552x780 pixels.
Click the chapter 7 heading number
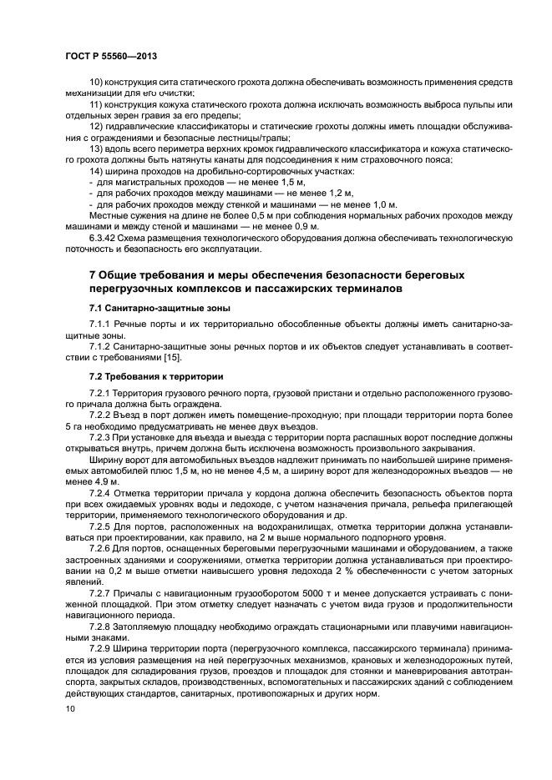click(92, 275)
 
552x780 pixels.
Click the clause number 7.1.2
click(102, 345)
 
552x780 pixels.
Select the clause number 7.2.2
click(102, 415)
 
